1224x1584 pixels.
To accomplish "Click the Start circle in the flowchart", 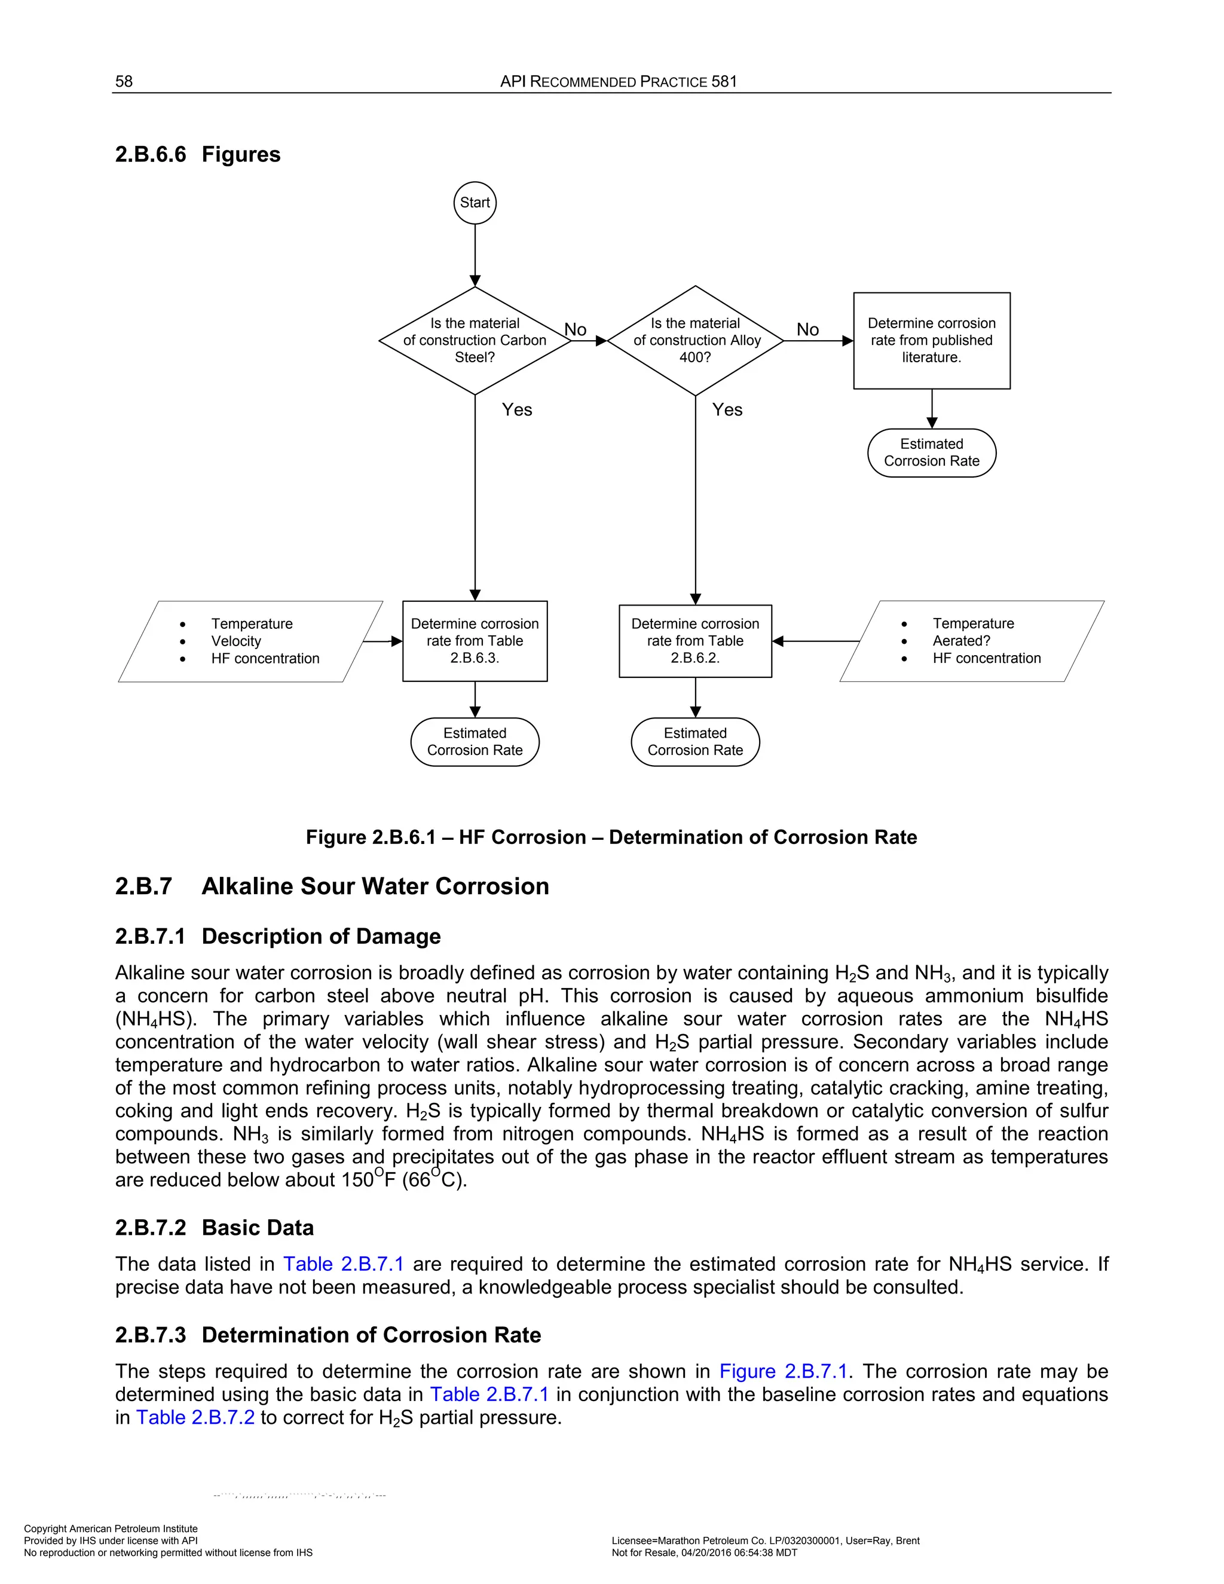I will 475,203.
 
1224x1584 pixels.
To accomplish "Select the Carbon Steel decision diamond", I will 475,340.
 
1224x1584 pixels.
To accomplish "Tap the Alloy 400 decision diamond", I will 696,340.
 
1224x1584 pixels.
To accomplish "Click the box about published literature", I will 932,340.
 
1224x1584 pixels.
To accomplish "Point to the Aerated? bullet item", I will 961,641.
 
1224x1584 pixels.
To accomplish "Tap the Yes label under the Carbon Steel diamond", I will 517,410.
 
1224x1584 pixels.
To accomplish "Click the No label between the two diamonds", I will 576,330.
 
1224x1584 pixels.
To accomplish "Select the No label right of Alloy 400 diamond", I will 808,330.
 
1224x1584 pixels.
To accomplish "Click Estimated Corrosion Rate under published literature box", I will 932,452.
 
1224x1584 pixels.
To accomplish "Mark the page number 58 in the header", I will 124,81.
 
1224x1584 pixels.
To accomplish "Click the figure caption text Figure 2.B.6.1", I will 611,837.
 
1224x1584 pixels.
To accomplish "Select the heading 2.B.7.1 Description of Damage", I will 278,936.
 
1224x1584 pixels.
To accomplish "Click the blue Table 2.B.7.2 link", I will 196,1418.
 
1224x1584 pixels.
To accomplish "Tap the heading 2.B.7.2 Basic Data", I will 215,1228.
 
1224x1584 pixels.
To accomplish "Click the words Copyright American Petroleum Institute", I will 111,1529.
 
